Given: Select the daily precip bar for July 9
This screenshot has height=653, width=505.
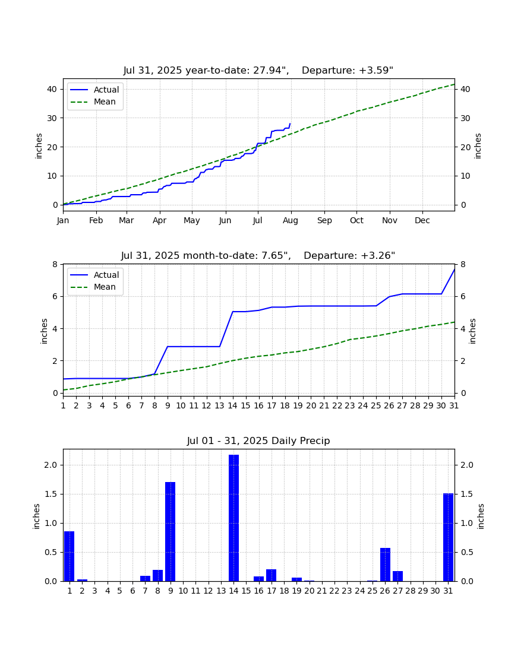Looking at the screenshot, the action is coord(171,531).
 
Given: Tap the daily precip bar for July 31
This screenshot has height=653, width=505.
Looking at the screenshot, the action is coord(449,537).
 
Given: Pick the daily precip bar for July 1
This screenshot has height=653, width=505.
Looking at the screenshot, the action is coord(69,556).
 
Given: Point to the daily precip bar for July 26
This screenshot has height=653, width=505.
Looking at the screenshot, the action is coord(386,565).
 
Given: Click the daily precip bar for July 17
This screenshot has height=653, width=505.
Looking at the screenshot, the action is coord(272,575).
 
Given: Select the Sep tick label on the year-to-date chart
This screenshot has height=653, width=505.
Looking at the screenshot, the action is coord(324,220).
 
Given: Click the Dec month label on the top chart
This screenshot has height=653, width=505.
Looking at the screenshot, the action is coord(422,220).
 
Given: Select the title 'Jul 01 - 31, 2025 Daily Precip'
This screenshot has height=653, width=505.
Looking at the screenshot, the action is coord(258,440).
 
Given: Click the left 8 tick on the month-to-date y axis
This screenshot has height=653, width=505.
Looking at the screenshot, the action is coord(55,264).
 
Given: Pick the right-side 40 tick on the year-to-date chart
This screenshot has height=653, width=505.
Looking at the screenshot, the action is coord(465,89).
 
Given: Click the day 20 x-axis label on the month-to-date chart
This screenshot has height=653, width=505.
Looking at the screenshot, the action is coord(311,405).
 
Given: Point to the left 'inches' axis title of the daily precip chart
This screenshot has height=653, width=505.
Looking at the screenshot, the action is coord(37,516).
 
